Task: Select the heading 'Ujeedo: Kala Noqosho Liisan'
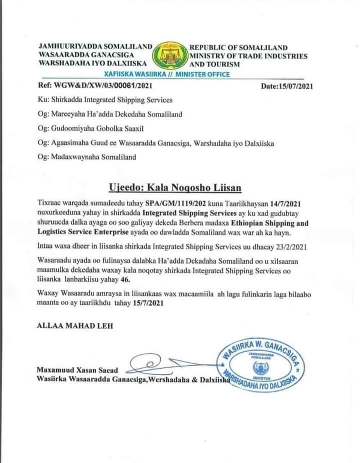coord(175,187)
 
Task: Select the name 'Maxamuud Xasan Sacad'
coord(77,370)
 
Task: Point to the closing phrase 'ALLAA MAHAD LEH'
coord(75,325)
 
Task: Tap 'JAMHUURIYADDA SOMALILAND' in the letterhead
coord(95,46)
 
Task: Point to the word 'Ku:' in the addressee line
coord(43,100)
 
